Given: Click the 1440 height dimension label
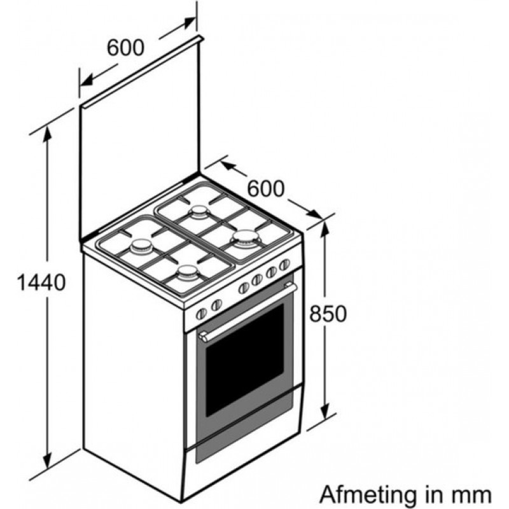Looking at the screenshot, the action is [41, 282].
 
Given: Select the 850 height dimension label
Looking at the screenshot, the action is [328, 314].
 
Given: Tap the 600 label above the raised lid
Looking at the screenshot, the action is [125, 47].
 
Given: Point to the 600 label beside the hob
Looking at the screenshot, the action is [266, 188].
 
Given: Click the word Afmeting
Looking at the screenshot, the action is [368, 495].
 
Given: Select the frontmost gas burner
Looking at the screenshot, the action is [188, 272].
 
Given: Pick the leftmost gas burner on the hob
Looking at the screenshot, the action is [141, 247].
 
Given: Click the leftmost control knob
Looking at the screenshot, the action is [201, 314].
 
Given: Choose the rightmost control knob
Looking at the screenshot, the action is [284, 265].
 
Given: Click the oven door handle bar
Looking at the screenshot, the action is [248, 312].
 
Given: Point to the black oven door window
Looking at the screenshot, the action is [245, 359].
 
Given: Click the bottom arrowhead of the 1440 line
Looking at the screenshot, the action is [47, 459].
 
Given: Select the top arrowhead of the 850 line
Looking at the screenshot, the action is [325, 230].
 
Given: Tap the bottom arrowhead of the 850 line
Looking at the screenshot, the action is [325, 411].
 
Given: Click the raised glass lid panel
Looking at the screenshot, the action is [139, 139].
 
